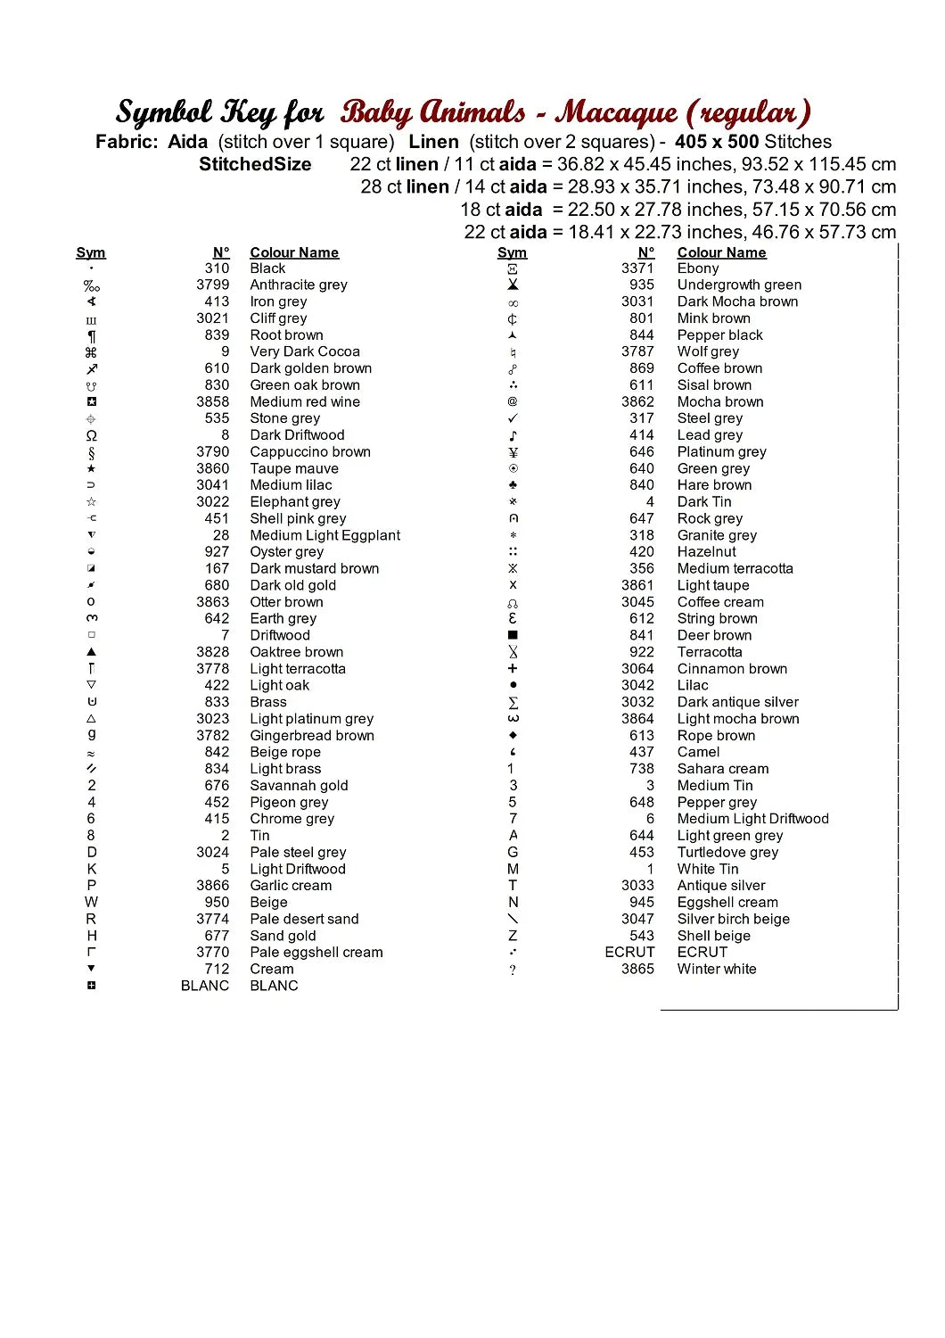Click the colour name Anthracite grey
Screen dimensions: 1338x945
click(299, 285)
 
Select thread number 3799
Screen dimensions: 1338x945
click(212, 285)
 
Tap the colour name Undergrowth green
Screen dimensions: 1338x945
click(739, 285)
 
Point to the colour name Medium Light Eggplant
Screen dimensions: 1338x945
click(325, 535)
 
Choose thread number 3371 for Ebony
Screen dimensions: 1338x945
click(637, 268)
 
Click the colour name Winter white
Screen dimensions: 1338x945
click(717, 969)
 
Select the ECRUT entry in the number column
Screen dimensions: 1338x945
click(629, 952)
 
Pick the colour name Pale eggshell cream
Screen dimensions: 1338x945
click(316, 952)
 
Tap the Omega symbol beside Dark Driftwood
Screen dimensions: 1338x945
click(91, 435)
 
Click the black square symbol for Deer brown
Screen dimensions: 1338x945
click(513, 635)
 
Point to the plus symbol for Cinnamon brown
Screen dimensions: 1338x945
click(513, 668)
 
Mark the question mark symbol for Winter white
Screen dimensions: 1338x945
click(513, 970)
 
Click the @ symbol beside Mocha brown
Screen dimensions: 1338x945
click(513, 401)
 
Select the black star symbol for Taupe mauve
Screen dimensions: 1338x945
click(91, 468)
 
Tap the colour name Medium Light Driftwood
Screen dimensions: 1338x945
click(752, 819)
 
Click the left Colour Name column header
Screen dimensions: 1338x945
click(294, 252)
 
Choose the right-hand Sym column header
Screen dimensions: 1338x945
click(512, 252)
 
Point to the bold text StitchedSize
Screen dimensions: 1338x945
click(255, 164)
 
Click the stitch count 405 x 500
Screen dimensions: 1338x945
click(717, 142)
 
